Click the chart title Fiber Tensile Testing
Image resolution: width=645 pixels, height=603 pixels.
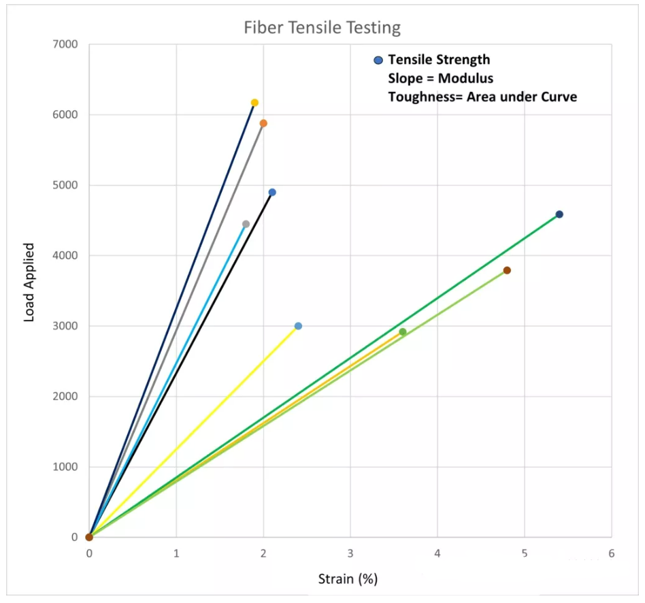[322, 28]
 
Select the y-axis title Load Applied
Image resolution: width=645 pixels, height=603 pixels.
[29, 282]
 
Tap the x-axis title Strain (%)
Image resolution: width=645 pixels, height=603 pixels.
[348, 579]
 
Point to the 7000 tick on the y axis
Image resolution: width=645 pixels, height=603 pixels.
[66, 45]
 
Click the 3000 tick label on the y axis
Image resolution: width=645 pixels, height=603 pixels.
[66, 326]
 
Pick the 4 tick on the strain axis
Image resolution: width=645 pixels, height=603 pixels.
[437, 553]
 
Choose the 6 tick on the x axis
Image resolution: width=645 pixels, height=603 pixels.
[611, 553]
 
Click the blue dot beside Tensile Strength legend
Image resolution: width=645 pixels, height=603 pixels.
[379, 60]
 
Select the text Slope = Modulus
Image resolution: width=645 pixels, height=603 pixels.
[440, 78]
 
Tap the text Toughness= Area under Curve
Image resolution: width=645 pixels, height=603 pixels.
[482, 97]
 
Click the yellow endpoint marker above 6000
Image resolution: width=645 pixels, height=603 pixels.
[254, 103]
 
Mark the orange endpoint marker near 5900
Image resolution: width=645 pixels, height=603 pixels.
[263, 123]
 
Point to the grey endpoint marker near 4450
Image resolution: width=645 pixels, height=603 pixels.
[246, 224]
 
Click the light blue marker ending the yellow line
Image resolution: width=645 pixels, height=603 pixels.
[298, 326]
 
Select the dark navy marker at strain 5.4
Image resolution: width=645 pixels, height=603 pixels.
[559, 214]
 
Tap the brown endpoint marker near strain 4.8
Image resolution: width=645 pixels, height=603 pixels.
[507, 270]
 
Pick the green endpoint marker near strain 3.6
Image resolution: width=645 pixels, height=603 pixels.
[403, 332]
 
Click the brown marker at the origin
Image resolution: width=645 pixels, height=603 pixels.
[89, 537]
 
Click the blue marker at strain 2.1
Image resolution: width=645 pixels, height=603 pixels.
[272, 192]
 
